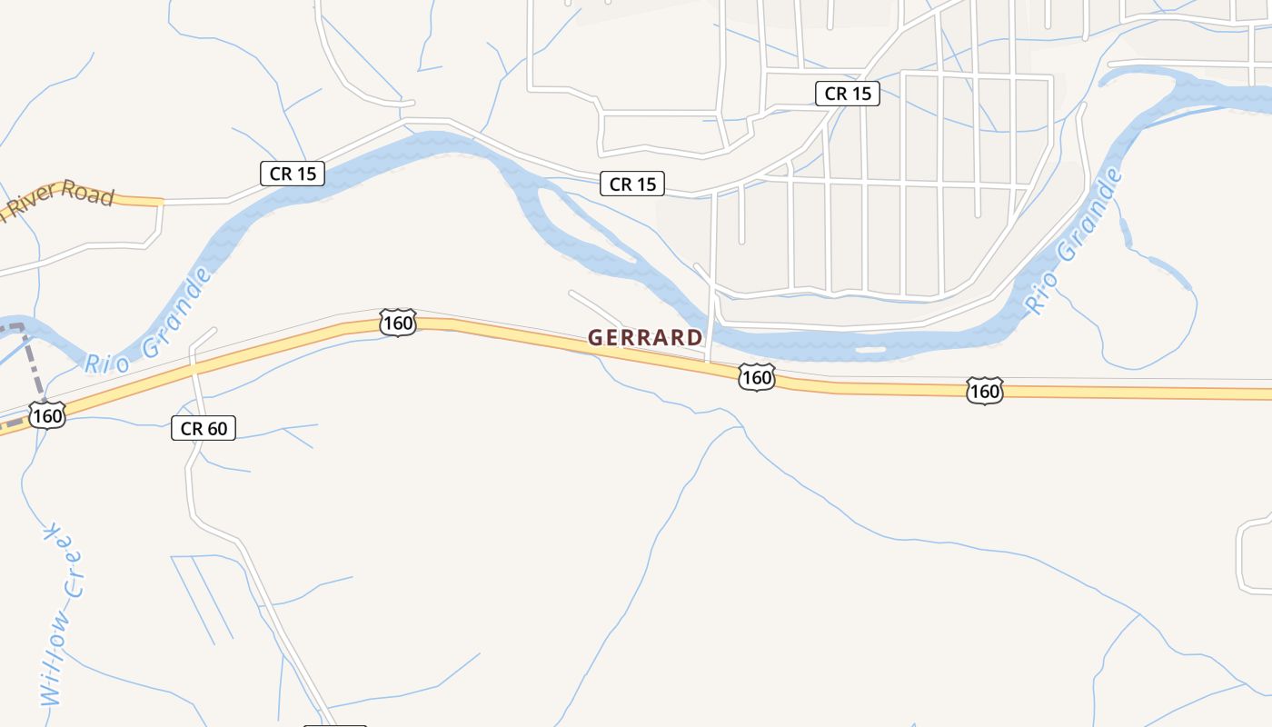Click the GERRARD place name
[x=645, y=337]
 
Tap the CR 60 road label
[x=204, y=428]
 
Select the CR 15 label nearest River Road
[x=293, y=174]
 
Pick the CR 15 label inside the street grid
[x=848, y=93]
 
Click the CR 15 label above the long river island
[x=632, y=184]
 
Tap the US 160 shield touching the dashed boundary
[x=46, y=416]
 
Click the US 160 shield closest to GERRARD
[x=756, y=376]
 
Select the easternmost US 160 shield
[x=984, y=391]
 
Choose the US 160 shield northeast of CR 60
[x=398, y=323]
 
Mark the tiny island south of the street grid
[x=870, y=349]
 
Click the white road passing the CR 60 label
[x=191, y=473]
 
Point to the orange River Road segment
[x=136, y=200]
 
